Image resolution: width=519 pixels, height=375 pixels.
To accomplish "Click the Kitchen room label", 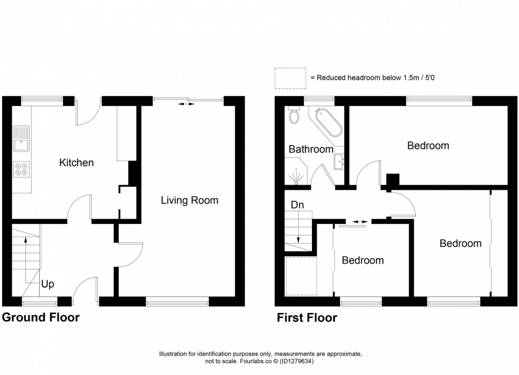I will [x=76, y=163].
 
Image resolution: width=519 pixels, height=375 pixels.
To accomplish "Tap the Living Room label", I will [x=190, y=200].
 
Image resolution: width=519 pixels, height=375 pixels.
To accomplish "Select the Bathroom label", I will [x=311, y=149].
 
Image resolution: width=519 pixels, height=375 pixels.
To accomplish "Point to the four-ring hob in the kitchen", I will [x=22, y=168].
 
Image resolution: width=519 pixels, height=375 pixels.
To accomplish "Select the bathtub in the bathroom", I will [x=329, y=122].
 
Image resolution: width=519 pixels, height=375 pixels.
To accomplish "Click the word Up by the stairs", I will [x=48, y=284].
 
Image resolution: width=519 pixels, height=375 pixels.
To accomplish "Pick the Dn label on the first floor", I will [x=297, y=205].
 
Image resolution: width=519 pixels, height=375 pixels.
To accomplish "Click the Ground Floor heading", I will [x=41, y=318].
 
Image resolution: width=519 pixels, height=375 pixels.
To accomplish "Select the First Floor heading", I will [x=307, y=318].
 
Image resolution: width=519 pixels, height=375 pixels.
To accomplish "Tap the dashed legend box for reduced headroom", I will [x=290, y=78].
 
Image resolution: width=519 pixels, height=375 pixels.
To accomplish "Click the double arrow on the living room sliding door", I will [x=185, y=104].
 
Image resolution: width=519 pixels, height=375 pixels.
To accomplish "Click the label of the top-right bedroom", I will [x=428, y=145].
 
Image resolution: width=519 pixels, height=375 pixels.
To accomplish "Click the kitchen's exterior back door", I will [x=88, y=112].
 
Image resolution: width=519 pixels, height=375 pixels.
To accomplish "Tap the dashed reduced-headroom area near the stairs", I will [x=300, y=276].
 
